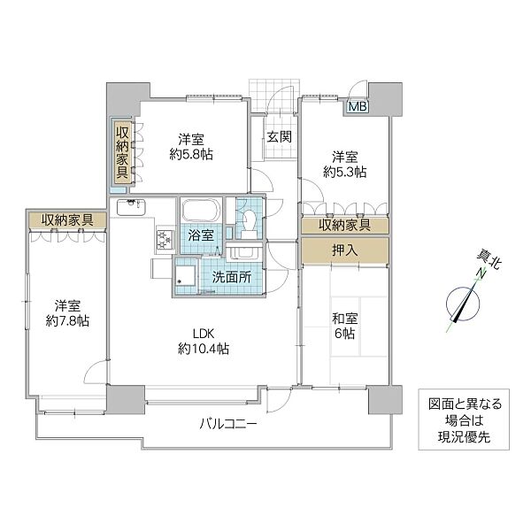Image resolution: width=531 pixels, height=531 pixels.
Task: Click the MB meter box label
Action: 358,107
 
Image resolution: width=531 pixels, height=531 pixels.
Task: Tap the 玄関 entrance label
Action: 280,137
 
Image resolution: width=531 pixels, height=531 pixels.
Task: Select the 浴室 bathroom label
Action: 201,235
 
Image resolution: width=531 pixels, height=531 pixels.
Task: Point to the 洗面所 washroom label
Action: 230,276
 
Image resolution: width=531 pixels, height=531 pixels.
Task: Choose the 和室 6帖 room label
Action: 344,325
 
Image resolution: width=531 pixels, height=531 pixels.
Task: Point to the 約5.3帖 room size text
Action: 344,173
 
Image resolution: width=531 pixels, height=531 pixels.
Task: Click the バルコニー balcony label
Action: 227,424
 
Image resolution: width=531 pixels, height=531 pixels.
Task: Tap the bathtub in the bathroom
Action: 202,213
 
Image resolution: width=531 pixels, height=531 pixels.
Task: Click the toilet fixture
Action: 249,220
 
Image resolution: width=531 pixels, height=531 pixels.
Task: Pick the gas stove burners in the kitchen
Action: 164,238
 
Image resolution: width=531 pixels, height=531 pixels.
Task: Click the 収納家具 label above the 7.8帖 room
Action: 66,219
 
